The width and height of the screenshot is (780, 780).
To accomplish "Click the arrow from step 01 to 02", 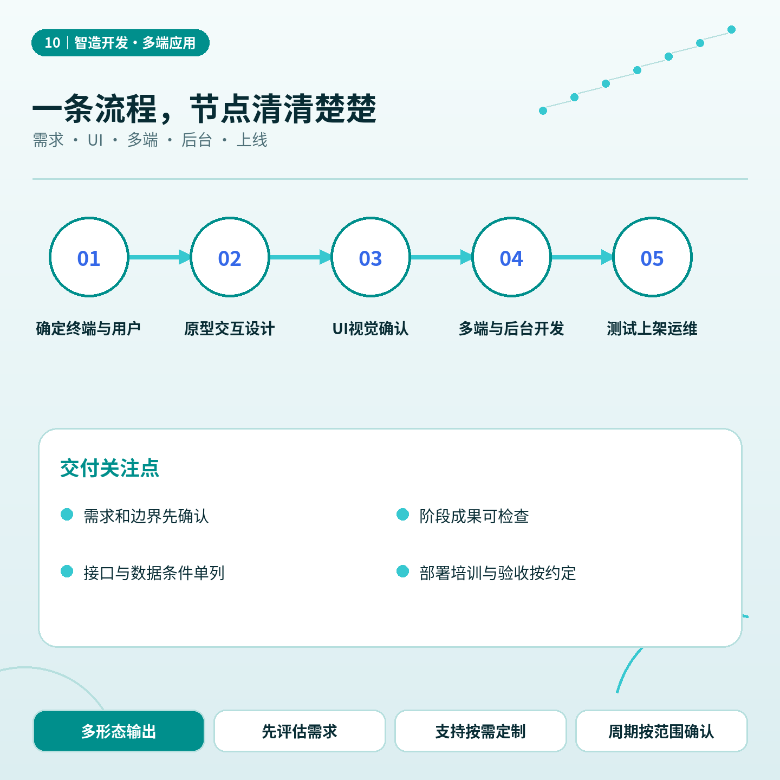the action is pos(159,257).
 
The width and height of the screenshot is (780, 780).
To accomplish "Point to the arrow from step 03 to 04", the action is pos(441,257).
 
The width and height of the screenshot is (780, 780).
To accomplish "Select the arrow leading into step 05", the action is pos(582,257).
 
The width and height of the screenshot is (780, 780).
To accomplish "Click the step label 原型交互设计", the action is pos(230,328).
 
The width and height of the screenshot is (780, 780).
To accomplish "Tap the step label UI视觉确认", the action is pos(370,328).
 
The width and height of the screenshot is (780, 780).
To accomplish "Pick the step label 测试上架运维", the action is pos(652,328).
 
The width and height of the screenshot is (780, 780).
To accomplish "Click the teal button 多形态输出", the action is pos(119,731).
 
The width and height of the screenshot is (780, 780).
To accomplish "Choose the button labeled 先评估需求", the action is pos(300,731).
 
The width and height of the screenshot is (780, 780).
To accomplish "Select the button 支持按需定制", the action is pos(480,731).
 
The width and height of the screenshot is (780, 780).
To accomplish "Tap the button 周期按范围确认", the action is pos(661,731).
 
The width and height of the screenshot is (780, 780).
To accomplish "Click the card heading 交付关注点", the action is pos(110,469).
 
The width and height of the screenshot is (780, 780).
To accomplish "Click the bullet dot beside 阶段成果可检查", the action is pos(402,515).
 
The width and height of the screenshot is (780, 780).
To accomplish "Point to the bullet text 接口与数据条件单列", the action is pos(154,573).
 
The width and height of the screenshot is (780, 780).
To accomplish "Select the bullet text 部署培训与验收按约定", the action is pos(497,573).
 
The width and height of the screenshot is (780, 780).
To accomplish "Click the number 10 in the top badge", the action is pos(52,42).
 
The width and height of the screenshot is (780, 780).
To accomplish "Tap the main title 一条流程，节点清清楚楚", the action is pos(204,108).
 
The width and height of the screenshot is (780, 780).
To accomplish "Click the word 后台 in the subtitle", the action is pos(197,140).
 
